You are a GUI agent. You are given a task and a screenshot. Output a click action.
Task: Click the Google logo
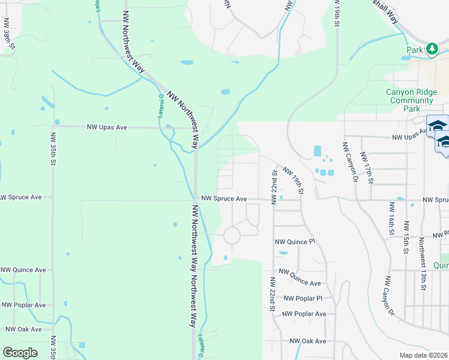click(x=20, y=353)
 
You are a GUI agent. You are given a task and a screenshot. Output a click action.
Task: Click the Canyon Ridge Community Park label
click(x=411, y=100)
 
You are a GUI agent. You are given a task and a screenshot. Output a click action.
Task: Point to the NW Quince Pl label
click(x=295, y=242)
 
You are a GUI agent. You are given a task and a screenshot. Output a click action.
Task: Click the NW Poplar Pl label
click(x=303, y=298)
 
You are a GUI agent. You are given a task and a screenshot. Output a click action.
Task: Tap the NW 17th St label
click(x=367, y=167)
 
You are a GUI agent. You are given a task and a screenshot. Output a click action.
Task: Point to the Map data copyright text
click(x=424, y=355)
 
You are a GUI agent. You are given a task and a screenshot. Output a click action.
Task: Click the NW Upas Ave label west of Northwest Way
click(x=107, y=127)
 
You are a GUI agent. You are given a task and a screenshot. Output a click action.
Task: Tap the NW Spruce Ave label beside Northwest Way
click(x=224, y=198)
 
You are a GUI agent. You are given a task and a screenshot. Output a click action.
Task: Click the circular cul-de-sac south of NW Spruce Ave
click(x=232, y=235)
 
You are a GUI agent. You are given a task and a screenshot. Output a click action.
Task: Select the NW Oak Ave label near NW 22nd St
click(x=308, y=341)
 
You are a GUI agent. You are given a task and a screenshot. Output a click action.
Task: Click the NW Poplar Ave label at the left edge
click(x=23, y=305)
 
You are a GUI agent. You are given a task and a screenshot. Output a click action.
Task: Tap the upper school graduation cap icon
click(x=438, y=126)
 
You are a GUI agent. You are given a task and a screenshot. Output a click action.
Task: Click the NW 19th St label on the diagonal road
click(x=294, y=181)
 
